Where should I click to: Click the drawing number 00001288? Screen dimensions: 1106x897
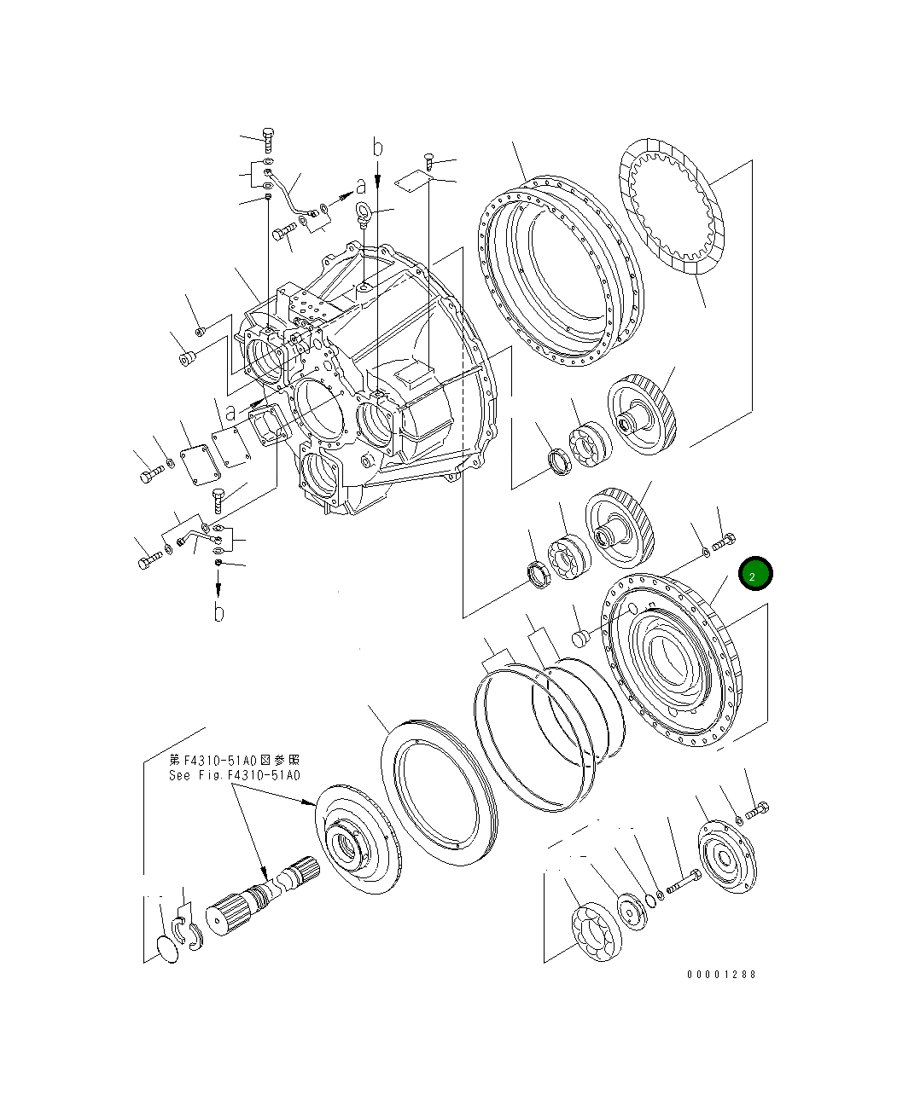[721, 974]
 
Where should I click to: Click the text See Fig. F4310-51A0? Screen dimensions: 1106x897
[234, 775]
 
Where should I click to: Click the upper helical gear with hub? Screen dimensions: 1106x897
[641, 415]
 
